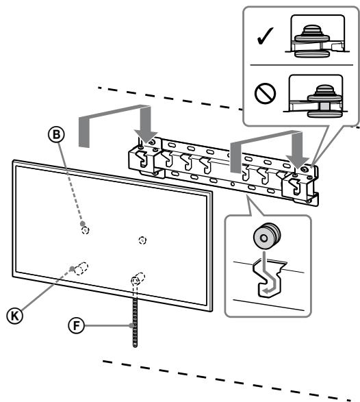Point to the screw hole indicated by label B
tap(85, 230)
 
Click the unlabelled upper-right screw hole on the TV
tap(142, 240)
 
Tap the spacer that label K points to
tap(81, 268)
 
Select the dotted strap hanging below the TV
tap(134, 316)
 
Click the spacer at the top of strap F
tap(137, 279)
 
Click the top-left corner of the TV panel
tap(14, 161)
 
